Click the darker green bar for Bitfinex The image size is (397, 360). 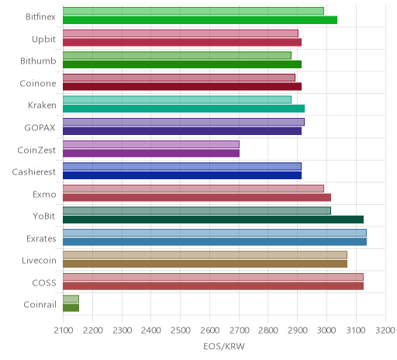click(x=200, y=20)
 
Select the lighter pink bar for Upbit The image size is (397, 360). click(x=181, y=33)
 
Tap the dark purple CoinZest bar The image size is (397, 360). click(x=151, y=153)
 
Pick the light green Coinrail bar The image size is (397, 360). click(x=71, y=299)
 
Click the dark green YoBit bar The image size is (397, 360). click(x=213, y=220)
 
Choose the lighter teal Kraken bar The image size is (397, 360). click(x=177, y=100)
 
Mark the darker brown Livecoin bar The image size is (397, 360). click(x=205, y=264)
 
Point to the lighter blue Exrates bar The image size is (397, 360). click(x=215, y=233)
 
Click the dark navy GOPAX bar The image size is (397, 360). click(x=182, y=131)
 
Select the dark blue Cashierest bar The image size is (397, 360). click(x=182, y=175)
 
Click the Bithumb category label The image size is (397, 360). click(x=38, y=61)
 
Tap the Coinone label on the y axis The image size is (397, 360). click(x=38, y=83)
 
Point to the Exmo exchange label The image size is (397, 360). click(x=44, y=194)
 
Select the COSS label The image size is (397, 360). click(x=44, y=282)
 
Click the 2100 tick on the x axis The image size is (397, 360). click(x=64, y=331)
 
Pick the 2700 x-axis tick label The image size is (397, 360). click(x=239, y=331)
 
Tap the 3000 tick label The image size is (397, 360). click(x=327, y=331)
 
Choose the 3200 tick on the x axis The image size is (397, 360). click(x=385, y=331)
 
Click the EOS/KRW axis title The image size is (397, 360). click(x=224, y=346)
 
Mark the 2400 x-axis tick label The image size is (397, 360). click(x=151, y=331)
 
